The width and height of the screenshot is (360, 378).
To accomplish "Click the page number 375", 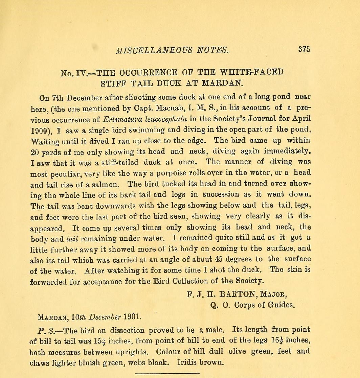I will point(304,49).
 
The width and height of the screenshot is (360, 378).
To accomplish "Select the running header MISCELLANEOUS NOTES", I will point(173,50).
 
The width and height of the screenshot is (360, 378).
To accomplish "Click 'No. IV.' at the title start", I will point(74,73).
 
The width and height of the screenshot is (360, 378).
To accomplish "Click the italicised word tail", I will point(72,238).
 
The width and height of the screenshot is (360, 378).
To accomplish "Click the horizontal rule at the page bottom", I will point(167,373).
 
